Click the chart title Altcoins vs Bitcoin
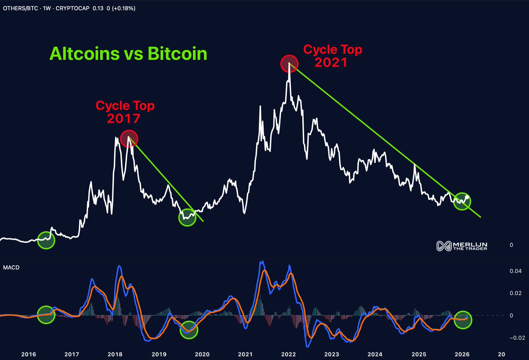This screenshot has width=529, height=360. tap(128, 54)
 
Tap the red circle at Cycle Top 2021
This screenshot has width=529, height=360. tap(289, 64)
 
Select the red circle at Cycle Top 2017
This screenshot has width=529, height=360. tap(129, 138)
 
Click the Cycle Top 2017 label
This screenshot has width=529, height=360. tap(126, 112)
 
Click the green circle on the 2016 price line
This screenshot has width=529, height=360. tap(46, 240)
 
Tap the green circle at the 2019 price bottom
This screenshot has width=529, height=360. tap(187, 218)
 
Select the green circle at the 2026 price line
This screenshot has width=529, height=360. tap(462, 201)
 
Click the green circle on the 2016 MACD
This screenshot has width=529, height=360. tap(46, 314)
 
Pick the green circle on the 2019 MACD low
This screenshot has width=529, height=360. tap(189, 330)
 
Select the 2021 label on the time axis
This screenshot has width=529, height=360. tap(245, 354)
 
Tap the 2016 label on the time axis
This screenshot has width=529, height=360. tap(28, 354)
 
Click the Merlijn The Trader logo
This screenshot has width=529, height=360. tap(464, 247)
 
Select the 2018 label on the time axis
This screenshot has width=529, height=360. tap(115, 354)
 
